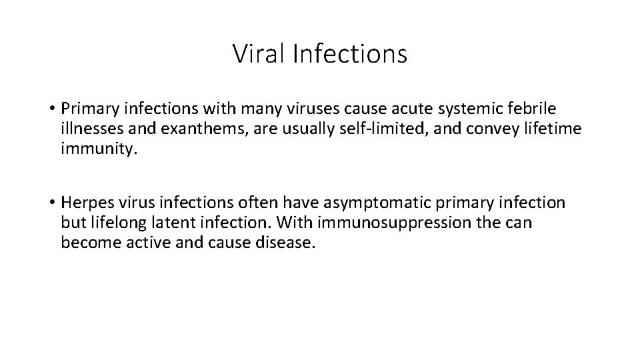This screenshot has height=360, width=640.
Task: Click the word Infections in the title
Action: tap(349, 54)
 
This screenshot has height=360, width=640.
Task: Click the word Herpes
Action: tap(87, 203)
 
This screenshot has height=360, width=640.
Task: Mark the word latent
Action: tap(179, 223)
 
